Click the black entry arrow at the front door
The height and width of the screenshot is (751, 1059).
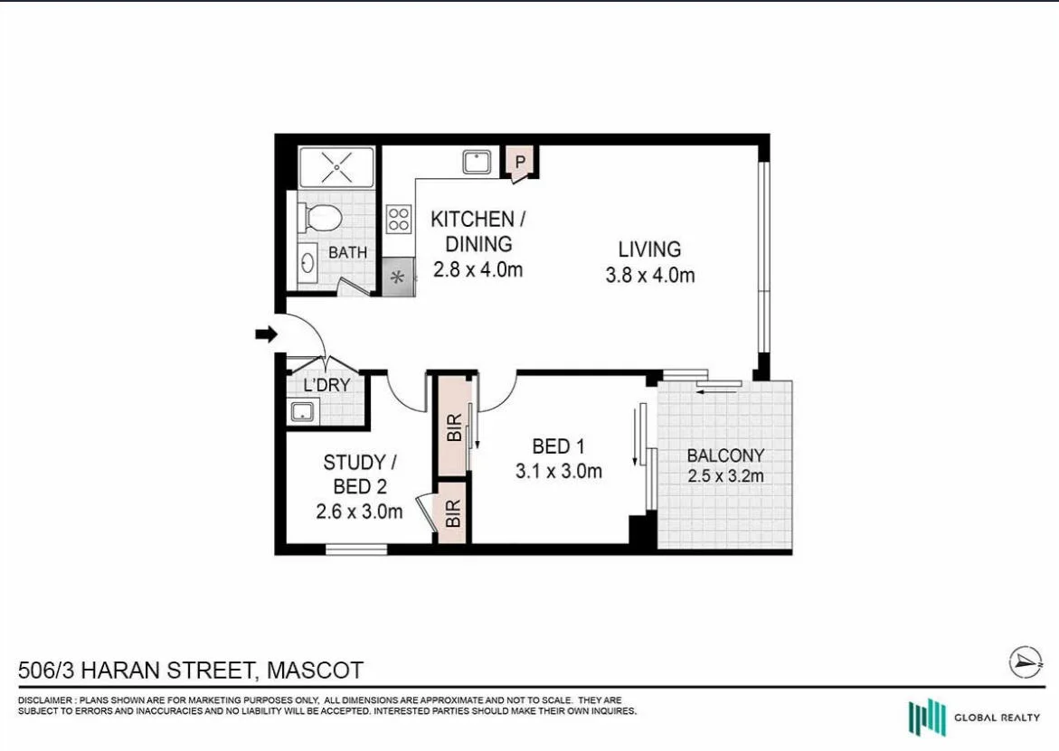(266, 335)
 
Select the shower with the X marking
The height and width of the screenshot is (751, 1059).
(336, 167)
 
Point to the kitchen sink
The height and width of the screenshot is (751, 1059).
(476, 162)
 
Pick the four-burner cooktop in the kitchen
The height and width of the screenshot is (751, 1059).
(398, 220)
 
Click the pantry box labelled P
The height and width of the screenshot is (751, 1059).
(520, 162)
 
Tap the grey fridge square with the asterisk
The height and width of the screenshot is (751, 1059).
(397, 277)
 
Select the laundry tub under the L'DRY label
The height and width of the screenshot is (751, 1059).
(301, 412)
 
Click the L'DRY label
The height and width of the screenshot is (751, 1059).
(326, 385)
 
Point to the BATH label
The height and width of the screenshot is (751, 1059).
(347, 252)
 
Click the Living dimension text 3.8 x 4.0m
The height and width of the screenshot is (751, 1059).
(649, 276)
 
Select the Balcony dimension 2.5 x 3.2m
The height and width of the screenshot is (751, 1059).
(725, 476)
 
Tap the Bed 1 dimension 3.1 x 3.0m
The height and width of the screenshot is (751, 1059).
(558, 471)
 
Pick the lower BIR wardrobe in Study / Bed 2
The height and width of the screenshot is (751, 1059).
(452, 514)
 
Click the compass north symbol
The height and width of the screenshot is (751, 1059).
(1026, 662)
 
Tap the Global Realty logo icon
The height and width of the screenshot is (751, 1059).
(926, 718)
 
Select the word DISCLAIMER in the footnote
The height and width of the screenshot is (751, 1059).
(45, 701)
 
